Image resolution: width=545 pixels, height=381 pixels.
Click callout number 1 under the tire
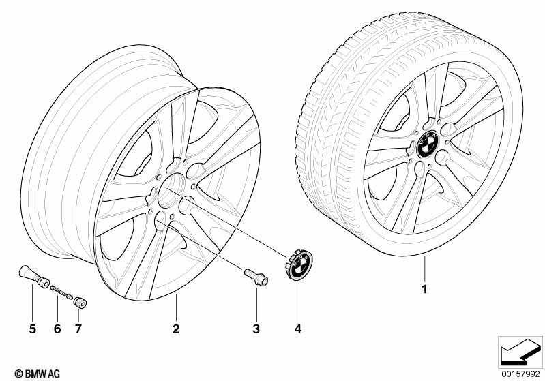[424, 289]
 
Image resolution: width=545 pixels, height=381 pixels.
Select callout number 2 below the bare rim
[176, 329]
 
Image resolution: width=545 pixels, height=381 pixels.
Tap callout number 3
[256, 329]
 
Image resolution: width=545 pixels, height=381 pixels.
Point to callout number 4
[298, 329]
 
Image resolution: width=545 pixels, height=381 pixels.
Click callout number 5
[32, 329]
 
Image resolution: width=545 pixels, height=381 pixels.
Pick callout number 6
[57, 329]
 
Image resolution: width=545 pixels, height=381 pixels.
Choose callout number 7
[78, 329]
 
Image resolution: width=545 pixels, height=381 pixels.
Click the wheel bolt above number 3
[256, 277]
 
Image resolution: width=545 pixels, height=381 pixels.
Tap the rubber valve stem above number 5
[33, 277]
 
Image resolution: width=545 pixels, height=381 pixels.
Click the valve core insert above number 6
[62, 292]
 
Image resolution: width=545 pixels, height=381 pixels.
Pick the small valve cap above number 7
[80, 303]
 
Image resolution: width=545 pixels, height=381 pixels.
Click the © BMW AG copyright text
[38, 374]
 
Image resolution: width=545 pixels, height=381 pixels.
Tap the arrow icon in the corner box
[520, 352]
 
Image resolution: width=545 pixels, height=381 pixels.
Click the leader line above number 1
[424, 269]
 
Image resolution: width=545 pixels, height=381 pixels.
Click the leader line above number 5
[32, 303]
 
